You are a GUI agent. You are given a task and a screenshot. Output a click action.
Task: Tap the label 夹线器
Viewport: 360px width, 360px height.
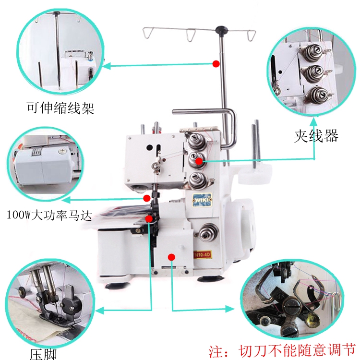point(315,136)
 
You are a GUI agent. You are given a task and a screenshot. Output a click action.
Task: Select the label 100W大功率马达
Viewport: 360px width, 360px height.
point(49,215)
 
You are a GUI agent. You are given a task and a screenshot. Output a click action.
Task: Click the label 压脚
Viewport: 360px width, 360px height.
point(43,354)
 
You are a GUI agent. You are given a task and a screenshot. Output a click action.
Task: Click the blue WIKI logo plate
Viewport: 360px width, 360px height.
point(200,200)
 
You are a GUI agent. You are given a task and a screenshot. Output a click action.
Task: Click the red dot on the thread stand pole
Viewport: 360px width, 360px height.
point(216,63)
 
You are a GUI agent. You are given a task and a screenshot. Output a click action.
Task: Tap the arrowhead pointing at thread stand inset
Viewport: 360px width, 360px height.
point(107,66)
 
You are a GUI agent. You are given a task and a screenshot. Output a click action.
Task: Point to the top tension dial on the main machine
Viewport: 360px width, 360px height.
point(196,141)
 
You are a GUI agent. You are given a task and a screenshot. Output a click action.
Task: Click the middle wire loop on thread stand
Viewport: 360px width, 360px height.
point(191,34)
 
